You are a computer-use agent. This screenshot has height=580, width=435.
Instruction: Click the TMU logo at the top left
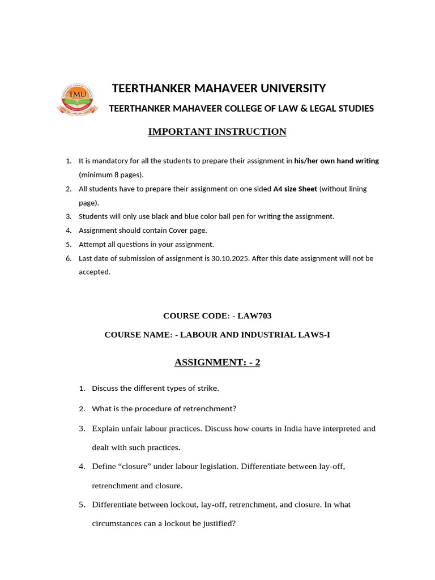73,99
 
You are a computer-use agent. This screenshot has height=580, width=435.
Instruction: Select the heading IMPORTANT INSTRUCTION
217,132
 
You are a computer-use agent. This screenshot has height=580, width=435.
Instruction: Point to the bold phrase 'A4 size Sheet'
295,189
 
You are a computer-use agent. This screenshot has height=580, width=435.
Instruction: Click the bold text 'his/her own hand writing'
336,161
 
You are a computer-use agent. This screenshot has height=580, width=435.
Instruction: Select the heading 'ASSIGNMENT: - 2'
217,362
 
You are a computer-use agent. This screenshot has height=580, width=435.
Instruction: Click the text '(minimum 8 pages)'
111,174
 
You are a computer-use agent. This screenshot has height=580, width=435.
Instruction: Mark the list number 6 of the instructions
68,258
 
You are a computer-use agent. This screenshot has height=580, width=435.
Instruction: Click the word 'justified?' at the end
216,524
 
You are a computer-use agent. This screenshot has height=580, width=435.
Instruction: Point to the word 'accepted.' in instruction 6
95,272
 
